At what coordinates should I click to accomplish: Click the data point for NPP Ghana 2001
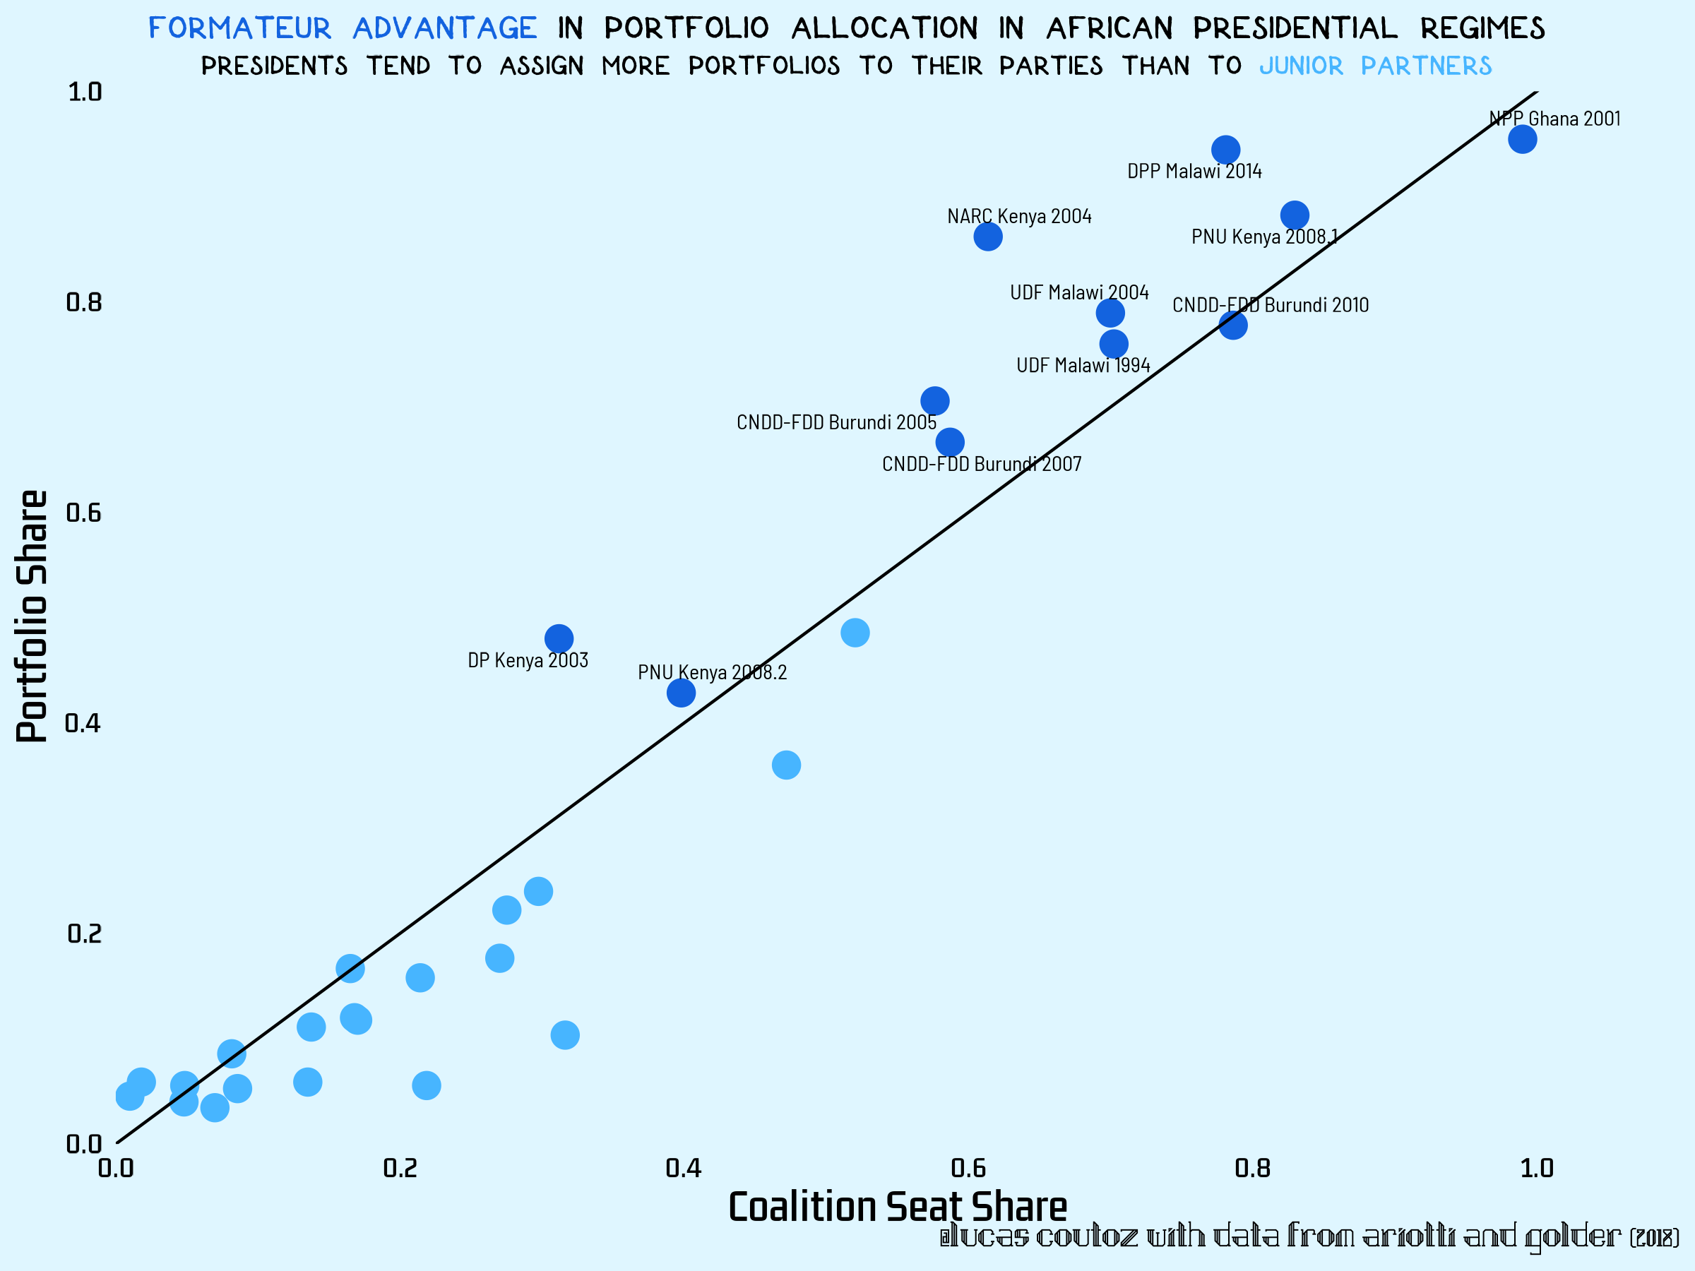click(x=1523, y=139)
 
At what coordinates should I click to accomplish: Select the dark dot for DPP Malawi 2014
click(x=1226, y=150)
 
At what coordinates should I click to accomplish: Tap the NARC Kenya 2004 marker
click(x=989, y=237)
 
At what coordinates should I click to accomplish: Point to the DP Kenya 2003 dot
click(x=559, y=638)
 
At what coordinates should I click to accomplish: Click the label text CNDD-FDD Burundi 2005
click(x=836, y=422)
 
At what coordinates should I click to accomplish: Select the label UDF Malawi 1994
click(x=1083, y=366)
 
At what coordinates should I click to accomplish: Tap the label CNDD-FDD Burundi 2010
click(x=1271, y=305)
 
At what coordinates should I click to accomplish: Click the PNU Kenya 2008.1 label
click(x=1264, y=237)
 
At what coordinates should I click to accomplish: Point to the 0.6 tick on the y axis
click(x=83, y=513)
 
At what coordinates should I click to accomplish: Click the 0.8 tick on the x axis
click(x=1252, y=1169)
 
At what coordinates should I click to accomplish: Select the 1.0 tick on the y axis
click(x=84, y=92)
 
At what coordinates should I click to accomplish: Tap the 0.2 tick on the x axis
click(x=400, y=1169)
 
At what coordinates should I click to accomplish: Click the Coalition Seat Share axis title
click(x=898, y=1207)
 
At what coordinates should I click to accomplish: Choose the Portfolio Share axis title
click(x=32, y=616)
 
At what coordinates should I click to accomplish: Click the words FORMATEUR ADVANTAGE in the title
click(x=343, y=28)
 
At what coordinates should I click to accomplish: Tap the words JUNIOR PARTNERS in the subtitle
click(x=1376, y=66)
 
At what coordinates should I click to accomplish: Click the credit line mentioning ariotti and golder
click(x=1309, y=1236)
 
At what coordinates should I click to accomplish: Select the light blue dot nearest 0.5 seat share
click(x=855, y=633)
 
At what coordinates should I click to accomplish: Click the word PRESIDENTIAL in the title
click(x=1295, y=28)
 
